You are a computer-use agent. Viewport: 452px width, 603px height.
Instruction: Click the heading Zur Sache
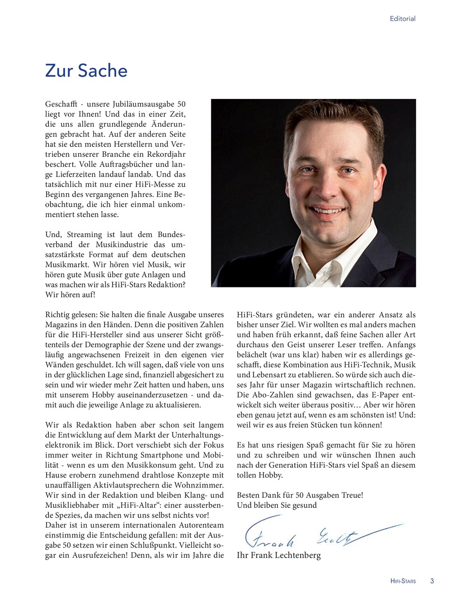(86, 71)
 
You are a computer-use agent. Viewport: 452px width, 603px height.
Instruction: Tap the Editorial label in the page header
(403, 19)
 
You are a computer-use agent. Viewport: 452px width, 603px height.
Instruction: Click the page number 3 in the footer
(432, 581)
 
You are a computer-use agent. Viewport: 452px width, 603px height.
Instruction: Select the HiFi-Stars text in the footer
(403, 581)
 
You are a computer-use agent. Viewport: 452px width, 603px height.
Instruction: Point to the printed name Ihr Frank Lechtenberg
(279, 555)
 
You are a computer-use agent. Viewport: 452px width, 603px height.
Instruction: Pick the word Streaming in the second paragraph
(84, 234)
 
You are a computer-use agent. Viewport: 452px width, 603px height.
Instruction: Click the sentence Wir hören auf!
(70, 294)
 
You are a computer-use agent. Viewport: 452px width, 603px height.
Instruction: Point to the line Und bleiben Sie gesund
(277, 505)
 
